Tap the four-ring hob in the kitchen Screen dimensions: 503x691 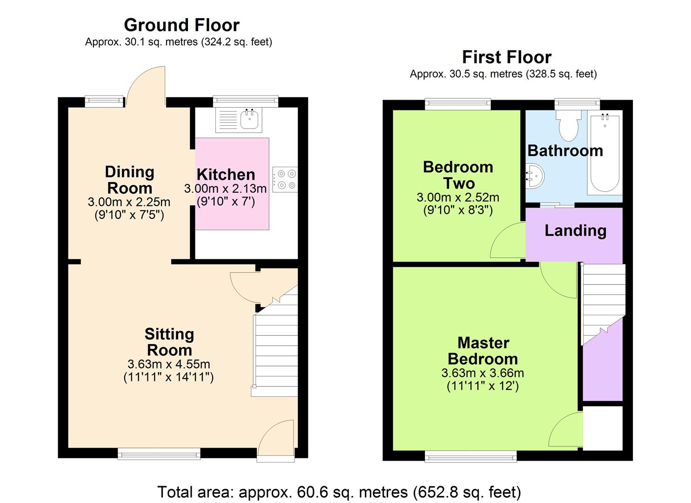click(x=285, y=179)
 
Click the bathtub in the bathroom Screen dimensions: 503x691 click(x=604, y=154)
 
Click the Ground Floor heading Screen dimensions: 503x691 click(x=181, y=25)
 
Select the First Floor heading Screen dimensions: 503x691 click(x=506, y=57)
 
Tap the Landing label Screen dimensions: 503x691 click(x=575, y=231)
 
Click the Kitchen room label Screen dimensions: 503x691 click(x=226, y=175)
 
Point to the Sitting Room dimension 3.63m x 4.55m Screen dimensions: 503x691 click(x=168, y=364)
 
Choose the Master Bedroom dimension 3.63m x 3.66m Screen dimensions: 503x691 click(x=483, y=373)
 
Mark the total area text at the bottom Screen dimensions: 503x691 click(x=339, y=492)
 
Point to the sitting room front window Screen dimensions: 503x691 click(x=159, y=454)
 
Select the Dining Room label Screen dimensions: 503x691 click(x=129, y=180)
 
